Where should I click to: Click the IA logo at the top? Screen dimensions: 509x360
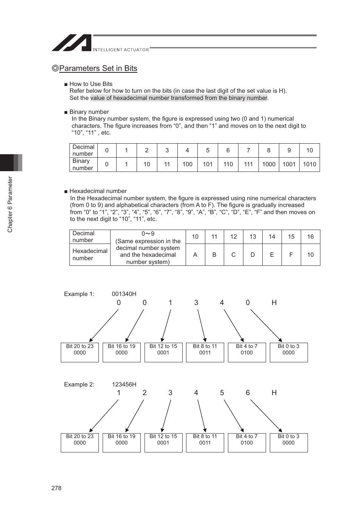coord(72,43)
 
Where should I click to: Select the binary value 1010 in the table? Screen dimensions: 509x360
coord(309,164)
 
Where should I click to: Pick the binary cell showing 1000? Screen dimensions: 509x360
coord(269,164)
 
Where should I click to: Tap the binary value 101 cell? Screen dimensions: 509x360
coord(208,164)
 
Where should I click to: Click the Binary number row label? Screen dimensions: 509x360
coord(83,164)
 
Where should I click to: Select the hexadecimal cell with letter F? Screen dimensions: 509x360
coord(291,255)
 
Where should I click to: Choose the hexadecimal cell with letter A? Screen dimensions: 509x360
coord(195,255)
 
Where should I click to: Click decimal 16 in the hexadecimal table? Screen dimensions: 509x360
coord(310,237)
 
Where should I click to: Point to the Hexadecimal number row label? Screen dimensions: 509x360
coord(90,255)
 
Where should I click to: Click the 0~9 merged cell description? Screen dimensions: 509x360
coord(148,248)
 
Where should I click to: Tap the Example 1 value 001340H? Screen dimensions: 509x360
coord(124,294)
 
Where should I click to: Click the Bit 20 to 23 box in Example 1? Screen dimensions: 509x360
coord(80,352)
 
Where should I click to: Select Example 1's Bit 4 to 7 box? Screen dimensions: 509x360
coord(247,352)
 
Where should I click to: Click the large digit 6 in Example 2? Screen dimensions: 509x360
coord(248,393)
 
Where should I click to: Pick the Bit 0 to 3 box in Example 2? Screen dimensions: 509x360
coord(289,442)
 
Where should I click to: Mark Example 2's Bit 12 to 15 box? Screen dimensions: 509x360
coord(163,442)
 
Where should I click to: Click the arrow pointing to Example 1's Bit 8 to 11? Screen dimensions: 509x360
coord(202,325)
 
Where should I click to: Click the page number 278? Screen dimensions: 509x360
coord(56,488)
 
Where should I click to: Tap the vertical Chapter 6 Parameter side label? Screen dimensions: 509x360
coord(10,204)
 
